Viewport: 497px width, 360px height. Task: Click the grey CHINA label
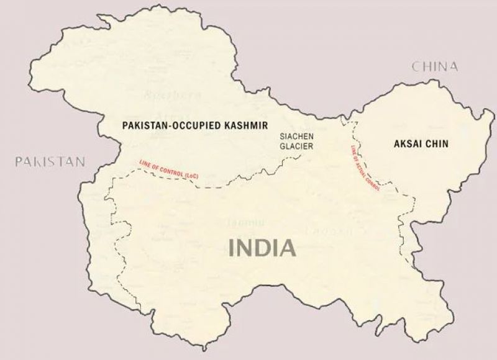[x=434, y=66]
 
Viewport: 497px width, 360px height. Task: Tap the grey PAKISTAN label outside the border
[x=50, y=162]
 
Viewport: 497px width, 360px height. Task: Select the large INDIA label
[x=262, y=248]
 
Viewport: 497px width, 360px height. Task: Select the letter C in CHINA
[x=415, y=66]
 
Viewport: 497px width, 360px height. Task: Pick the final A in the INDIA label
[x=286, y=248]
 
